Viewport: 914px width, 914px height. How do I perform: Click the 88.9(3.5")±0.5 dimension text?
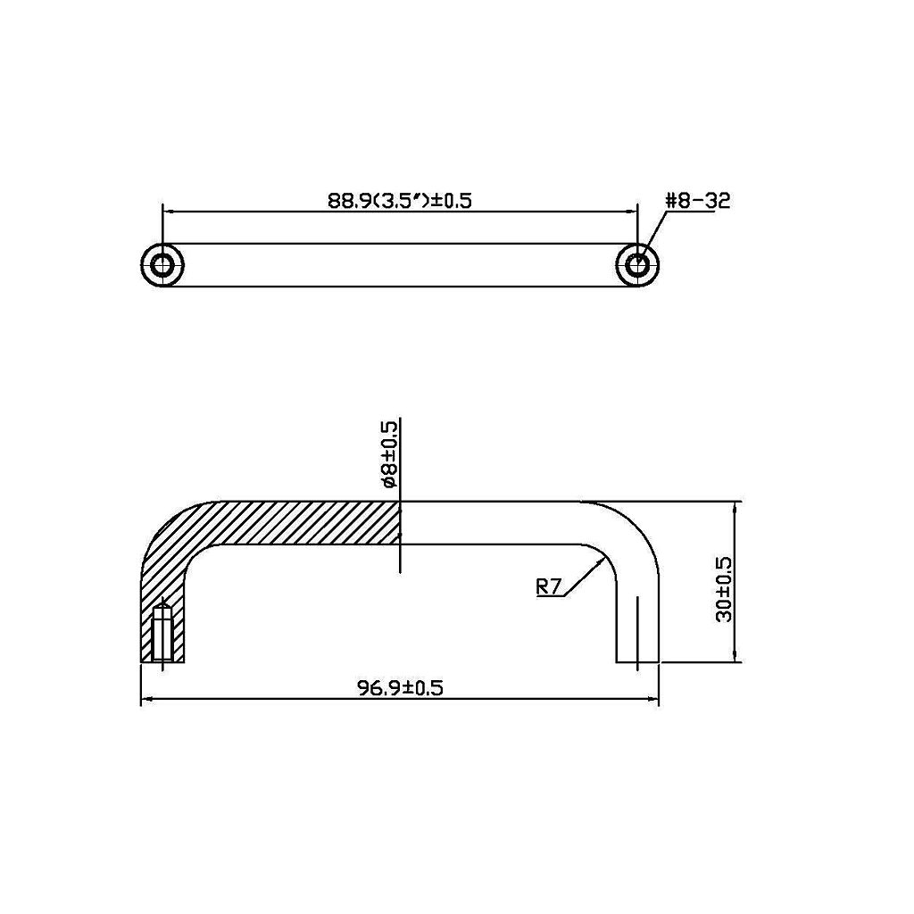tap(399, 201)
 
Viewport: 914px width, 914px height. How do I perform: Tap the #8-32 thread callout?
tap(698, 201)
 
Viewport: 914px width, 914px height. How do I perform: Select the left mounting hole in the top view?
tap(162, 265)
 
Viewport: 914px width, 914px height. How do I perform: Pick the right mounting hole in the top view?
tap(637, 265)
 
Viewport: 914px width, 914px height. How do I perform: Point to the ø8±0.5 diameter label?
tap(389, 455)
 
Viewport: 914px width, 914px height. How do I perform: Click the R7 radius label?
tap(549, 587)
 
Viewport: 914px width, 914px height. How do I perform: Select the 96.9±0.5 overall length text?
tap(400, 688)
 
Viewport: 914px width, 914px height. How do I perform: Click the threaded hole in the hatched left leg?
tap(162, 634)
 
